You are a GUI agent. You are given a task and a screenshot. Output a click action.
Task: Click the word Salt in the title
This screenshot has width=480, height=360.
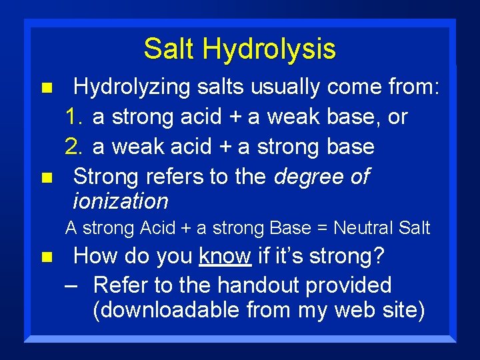(169, 49)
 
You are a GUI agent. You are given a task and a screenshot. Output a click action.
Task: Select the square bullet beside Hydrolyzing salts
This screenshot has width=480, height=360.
(46, 88)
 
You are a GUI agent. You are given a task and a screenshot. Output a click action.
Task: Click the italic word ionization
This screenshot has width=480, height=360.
(121, 201)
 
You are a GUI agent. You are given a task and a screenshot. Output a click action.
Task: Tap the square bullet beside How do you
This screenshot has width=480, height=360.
(46, 256)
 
